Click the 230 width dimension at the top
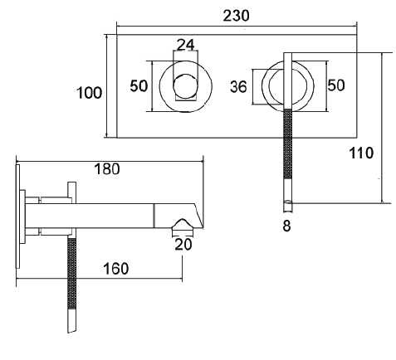237,16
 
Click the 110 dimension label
362,153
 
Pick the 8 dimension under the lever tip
286,225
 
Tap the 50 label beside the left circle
139,85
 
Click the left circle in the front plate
184,85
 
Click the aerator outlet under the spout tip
181,226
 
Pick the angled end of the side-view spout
196,211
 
